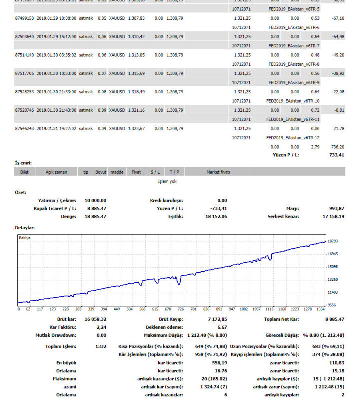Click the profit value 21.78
(x=338, y=128)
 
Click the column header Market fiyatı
(x=218, y=172)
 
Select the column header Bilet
(x=24, y=172)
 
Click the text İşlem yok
(x=167, y=181)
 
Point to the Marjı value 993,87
(x=335, y=208)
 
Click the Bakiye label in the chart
(x=25, y=238)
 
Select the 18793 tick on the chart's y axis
(x=333, y=241)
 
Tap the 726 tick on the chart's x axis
(x=181, y=309)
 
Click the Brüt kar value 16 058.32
(x=95, y=319)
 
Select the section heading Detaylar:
(x=25, y=227)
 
